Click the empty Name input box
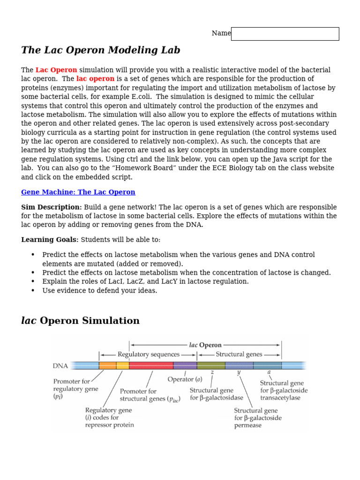point(285,34)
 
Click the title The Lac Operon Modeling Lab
point(101,51)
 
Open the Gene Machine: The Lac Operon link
point(78,192)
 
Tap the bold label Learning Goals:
point(50,240)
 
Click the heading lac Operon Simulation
point(80,321)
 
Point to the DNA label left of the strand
point(60,366)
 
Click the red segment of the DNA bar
point(151,366)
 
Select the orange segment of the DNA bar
point(107,366)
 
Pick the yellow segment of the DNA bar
point(122,366)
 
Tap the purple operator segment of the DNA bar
point(185,366)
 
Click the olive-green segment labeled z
point(211,366)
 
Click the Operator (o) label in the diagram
point(185,379)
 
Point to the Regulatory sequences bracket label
point(148,354)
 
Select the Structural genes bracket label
point(239,354)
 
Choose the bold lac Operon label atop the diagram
point(205,345)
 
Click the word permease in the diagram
point(248,426)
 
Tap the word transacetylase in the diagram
point(281,398)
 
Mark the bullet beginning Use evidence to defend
point(99,291)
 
